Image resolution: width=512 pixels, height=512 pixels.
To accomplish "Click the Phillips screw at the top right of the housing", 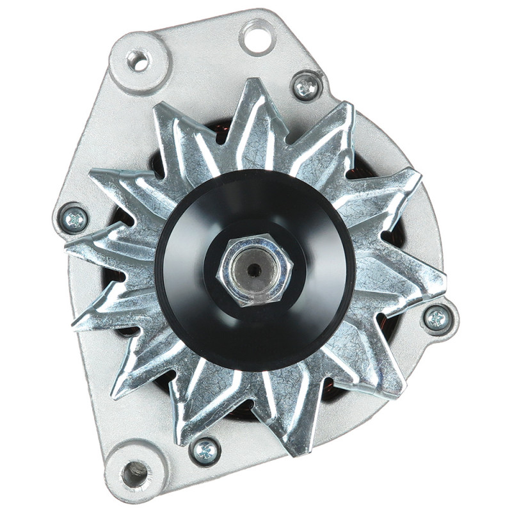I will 307,86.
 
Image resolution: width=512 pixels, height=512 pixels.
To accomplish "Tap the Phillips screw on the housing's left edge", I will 74,220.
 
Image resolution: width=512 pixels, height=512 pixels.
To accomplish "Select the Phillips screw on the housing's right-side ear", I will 438,317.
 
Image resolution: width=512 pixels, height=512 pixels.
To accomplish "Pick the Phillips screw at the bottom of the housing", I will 205,451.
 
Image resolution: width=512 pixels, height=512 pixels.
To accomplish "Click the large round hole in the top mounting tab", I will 258,37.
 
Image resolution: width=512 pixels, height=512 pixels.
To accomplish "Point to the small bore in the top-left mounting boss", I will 138,61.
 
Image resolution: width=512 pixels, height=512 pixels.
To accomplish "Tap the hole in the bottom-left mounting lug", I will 136,473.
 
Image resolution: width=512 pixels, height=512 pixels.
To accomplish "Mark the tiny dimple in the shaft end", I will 255,269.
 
